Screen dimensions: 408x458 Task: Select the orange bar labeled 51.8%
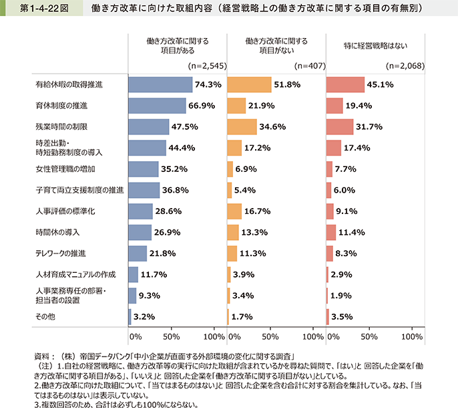(249, 85)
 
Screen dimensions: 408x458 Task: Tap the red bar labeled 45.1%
(345, 85)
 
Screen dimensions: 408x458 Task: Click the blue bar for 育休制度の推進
(157, 106)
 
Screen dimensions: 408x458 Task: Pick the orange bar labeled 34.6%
(242, 126)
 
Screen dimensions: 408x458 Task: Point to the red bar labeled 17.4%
(334, 148)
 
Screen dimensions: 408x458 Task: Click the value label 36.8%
(176, 191)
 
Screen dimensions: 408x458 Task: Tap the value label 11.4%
(354, 233)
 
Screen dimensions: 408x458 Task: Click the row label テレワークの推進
(61, 254)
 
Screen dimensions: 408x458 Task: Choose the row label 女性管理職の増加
(60, 169)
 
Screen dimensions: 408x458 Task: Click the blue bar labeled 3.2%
(130, 317)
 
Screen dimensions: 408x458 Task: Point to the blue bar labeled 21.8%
(138, 253)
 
